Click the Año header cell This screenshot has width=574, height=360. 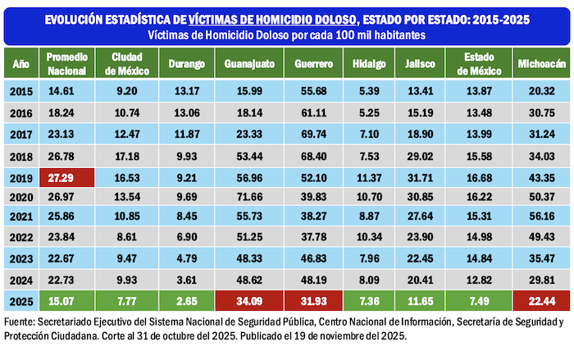pos(20,62)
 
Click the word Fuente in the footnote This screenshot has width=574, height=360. pos(23,321)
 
